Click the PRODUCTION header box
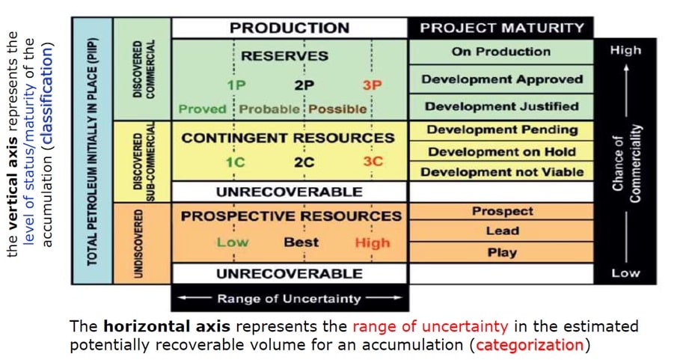[290, 28]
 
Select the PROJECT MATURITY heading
[502, 28]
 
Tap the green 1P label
[236, 85]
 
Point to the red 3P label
[372, 85]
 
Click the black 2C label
[304, 162]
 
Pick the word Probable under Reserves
[269, 109]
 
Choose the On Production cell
[501, 52]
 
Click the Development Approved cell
[501, 79]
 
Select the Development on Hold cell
[501, 152]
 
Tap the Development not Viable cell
[501, 171]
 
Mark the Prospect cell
[501, 211]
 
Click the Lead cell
[501, 231]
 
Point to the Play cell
[501, 252]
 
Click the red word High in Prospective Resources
[373, 242]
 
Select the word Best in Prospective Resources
[301, 242]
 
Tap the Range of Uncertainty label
[289, 299]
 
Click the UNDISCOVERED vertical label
[138, 243]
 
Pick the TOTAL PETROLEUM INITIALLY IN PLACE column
[92, 150]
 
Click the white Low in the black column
[625, 273]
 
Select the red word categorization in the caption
[530, 344]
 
